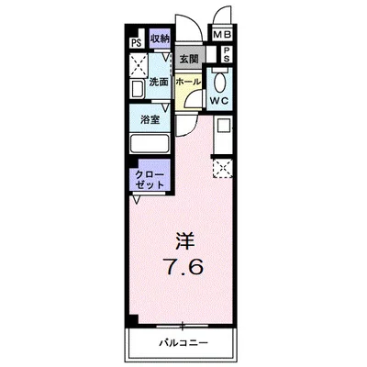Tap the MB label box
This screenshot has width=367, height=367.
223,36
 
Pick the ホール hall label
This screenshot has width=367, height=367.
188,82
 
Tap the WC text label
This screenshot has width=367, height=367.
220,100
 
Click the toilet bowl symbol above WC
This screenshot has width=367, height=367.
220,77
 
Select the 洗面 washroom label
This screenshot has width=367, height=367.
158,83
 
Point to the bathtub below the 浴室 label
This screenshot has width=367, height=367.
149,144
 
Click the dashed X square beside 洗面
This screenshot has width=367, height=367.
140,66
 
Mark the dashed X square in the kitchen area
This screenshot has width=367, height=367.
222,167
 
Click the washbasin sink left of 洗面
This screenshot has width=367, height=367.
139,90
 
